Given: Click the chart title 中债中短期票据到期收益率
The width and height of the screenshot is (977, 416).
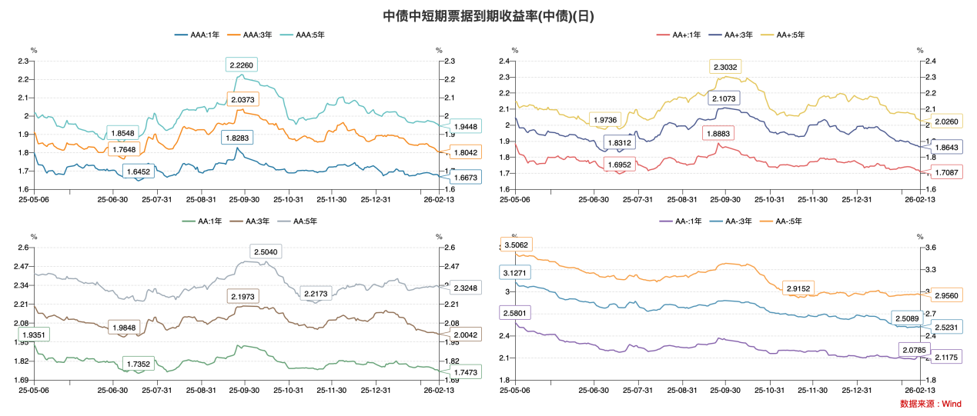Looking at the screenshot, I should pyautogui.click(x=488, y=16).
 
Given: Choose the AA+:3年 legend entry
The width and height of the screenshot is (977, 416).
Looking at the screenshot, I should pyautogui.click(x=737, y=35).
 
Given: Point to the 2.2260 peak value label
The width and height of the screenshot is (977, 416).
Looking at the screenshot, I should pyautogui.click(x=241, y=65).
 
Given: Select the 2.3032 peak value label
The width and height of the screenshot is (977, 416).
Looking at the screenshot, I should pyautogui.click(x=725, y=67).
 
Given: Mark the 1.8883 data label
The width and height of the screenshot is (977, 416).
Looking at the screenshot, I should pyautogui.click(x=718, y=133).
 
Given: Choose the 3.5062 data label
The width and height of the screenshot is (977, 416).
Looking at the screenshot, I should pyautogui.click(x=515, y=245).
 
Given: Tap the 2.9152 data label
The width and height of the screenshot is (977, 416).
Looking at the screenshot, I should pyautogui.click(x=798, y=288).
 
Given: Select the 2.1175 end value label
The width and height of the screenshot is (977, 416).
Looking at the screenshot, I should pyautogui.click(x=946, y=357).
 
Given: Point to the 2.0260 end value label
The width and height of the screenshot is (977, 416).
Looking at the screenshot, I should pyautogui.click(x=946, y=121).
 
